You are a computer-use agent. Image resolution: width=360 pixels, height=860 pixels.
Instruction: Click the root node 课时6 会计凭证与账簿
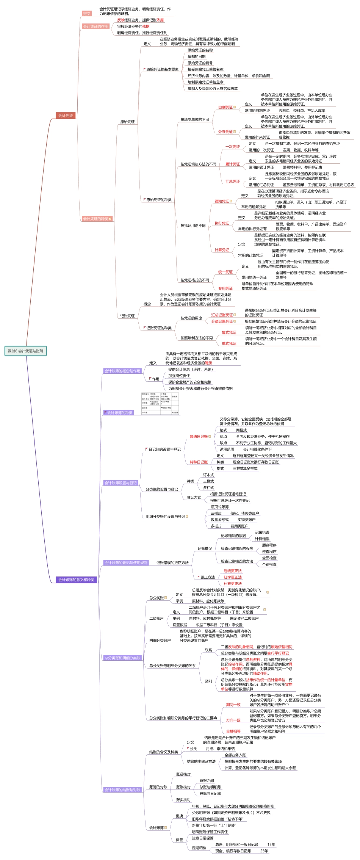coord(25,351)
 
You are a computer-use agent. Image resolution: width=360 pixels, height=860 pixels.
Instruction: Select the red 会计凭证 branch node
coord(66,116)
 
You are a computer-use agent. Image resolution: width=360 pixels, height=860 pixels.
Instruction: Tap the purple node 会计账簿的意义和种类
coord(76,580)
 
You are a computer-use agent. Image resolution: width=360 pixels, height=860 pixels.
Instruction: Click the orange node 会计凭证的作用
coord(96,27)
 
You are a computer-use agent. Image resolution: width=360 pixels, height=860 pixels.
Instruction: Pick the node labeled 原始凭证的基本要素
coord(162,69)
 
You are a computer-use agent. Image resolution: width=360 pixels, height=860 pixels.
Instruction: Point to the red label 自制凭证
coord(225,107)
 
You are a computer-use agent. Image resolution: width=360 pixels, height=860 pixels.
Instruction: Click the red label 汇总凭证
coord(233,182)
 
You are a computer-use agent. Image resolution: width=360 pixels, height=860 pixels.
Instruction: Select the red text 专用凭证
coord(225,288)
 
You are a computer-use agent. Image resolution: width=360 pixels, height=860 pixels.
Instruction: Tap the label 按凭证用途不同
coord(193,226)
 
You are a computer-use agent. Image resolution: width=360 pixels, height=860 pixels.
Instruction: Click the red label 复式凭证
coord(229,332)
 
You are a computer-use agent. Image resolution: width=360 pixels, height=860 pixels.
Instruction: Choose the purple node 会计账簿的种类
coord(120,413)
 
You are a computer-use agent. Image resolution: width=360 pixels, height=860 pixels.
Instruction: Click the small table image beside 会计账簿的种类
coord(160,404)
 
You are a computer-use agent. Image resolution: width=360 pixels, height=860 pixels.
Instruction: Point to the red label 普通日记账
coord(199,437)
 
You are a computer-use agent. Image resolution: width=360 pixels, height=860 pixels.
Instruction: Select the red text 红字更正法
coord(232,577)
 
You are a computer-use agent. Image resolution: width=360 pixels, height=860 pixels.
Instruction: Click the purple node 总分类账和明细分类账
coord(122,658)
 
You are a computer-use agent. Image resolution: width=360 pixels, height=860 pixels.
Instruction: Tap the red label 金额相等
coord(233,732)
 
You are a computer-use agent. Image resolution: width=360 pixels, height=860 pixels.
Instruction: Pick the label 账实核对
coord(183,800)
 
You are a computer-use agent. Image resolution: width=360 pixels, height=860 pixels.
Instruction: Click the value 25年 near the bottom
coord(264,851)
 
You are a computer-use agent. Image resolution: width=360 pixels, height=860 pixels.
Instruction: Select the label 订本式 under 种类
coord(208,475)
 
